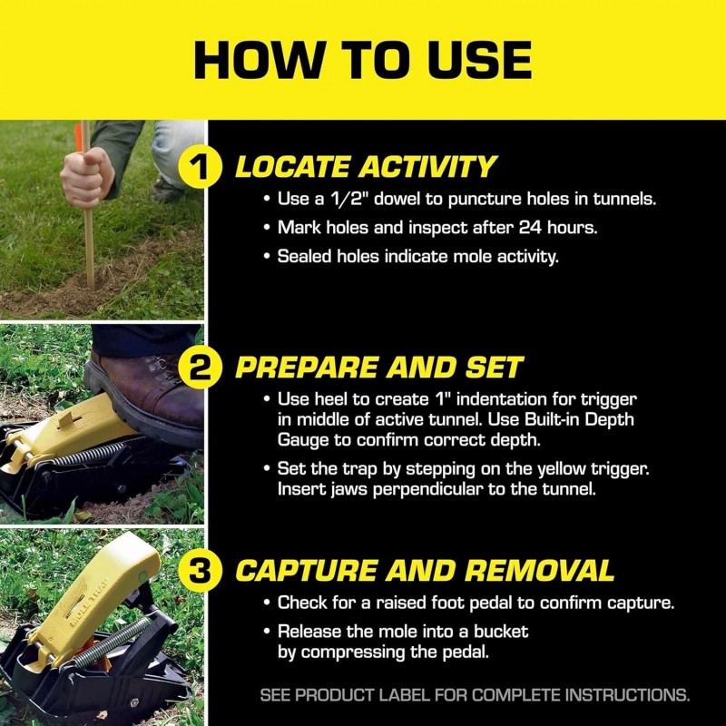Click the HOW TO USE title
pyautogui.click(x=363, y=60)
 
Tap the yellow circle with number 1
pyautogui.click(x=208, y=167)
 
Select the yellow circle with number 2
pyautogui.click(x=208, y=368)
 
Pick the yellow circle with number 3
pyautogui.click(x=208, y=570)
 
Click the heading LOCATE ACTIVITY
pyautogui.click(x=366, y=167)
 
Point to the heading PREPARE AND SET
pyautogui.click(x=379, y=368)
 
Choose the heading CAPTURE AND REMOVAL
pyautogui.click(x=425, y=570)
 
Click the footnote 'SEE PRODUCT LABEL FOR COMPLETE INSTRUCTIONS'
pyautogui.click(x=475, y=696)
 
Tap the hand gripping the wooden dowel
pyautogui.click(x=87, y=178)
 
